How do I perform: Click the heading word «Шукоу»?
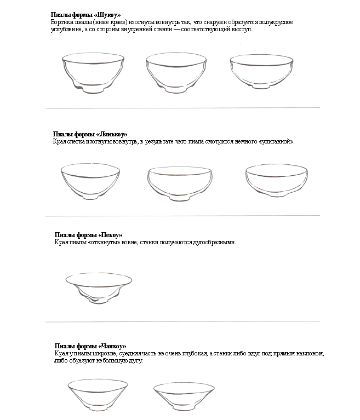tap(107, 15)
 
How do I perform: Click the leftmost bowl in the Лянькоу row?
tap(90, 181)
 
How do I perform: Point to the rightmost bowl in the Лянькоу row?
tap(275, 180)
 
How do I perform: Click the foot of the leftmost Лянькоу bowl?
tap(92, 197)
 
